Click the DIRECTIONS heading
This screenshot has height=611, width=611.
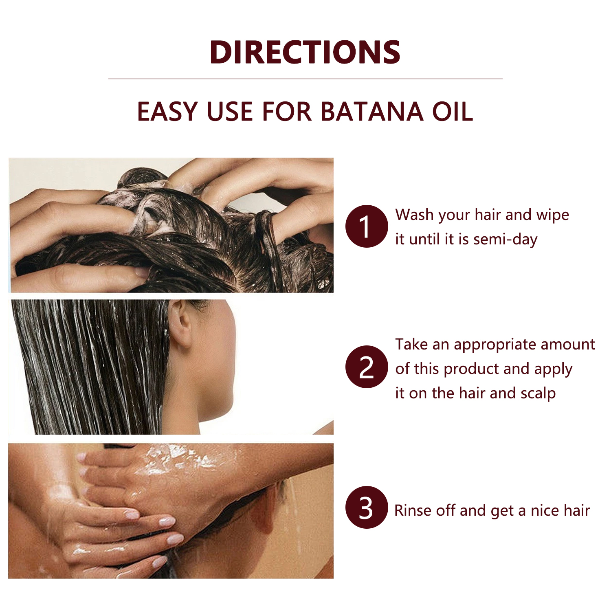(305, 52)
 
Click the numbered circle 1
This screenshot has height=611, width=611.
(367, 226)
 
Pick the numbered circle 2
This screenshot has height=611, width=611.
(367, 367)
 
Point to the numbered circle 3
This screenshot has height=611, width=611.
(367, 507)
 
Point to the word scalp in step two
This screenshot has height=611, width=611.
(538, 394)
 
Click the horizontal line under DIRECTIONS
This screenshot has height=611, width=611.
(305, 79)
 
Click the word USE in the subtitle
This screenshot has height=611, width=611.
(230, 111)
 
